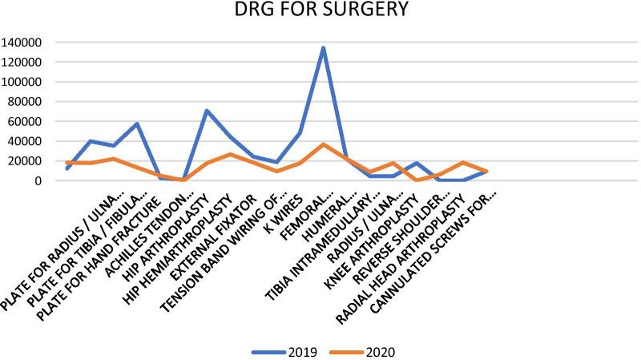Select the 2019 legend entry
pyautogui.click(x=288, y=350)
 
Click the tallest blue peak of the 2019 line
pyautogui.click(x=323, y=47)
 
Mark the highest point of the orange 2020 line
pyautogui.click(x=323, y=144)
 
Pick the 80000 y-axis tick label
pyautogui.click(x=26, y=102)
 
